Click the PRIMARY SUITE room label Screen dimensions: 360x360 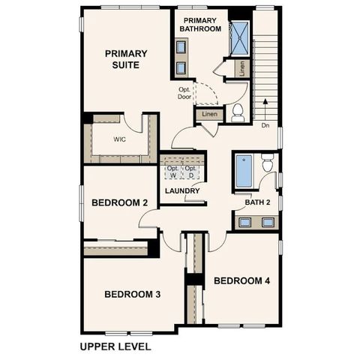click(125, 58)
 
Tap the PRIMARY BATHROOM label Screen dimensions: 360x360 click(201, 24)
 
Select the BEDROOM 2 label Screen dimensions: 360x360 click(119, 202)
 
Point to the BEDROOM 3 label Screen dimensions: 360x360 click(133, 294)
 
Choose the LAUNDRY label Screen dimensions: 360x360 click(182, 190)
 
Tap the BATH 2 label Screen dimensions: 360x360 click(257, 202)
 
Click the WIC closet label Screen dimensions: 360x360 click(119, 139)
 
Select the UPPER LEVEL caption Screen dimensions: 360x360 click(115, 346)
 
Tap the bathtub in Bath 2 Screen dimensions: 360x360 click(244, 172)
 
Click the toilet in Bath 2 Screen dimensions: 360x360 click(267, 163)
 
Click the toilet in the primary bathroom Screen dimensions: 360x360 click(238, 112)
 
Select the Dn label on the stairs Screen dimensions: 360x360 click(265, 125)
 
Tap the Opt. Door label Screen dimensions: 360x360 click(184, 91)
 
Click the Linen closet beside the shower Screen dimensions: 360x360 click(241, 68)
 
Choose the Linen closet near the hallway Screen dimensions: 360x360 click(209, 114)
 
